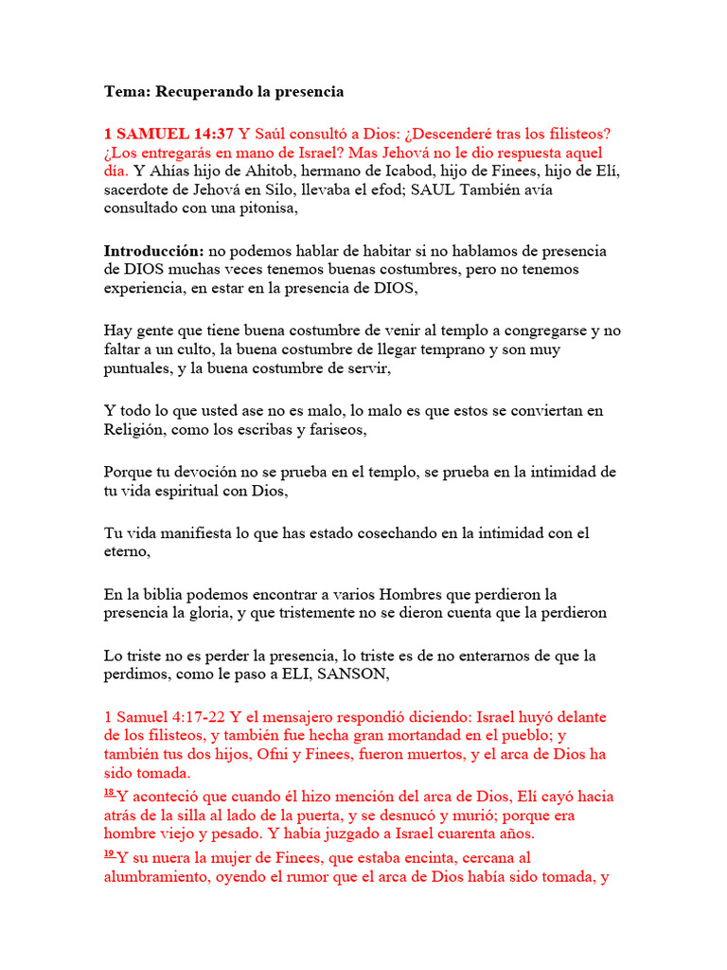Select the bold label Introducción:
153,251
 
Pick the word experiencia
146,289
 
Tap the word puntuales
137,368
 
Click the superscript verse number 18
110,792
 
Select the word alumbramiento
162,877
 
